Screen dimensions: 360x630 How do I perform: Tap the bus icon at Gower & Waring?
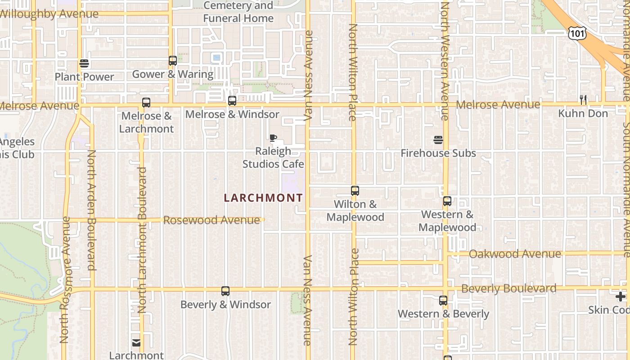[x=173, y=61]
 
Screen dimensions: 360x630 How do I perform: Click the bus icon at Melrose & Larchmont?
[x=146, y=103]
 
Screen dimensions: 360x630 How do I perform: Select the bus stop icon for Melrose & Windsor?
[x=232, y=101]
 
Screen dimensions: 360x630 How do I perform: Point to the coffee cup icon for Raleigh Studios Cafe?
[x=273, y=138]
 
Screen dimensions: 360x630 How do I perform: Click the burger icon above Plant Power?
[x=84, y=63]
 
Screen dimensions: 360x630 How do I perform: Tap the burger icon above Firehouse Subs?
[x=438, y=140]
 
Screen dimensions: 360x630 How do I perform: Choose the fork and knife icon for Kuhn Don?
[x=583, y=99]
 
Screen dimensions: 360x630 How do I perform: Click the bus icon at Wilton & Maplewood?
[x=355, y=191]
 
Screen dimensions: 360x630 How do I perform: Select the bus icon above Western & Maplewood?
[x=447, y=201]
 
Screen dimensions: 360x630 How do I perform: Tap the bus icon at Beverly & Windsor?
[x=225, y=291]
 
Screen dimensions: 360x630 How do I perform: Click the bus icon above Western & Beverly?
[x=443, y=301]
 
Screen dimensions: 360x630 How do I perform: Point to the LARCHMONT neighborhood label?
[x=263, y=198]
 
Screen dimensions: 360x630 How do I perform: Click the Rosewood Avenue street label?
[x=211, y=220]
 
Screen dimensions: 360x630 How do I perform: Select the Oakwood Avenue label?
[x=515, y=254]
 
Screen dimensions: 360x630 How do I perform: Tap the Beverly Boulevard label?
[x=508, y=288]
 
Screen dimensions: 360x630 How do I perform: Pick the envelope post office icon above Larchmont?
[x=136, y=343]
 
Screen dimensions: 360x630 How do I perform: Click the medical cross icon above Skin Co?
[x=621, y=297]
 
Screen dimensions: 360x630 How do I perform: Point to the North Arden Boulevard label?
[x=91, y=210]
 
